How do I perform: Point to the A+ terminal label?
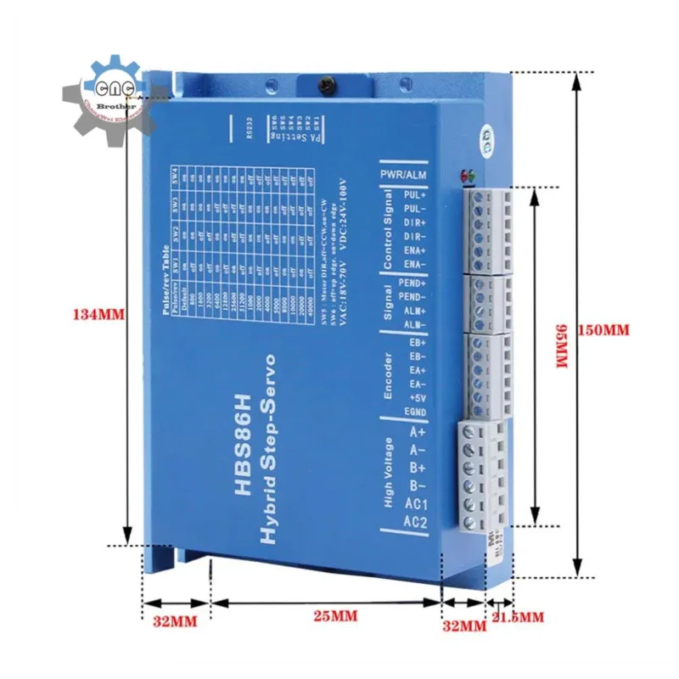point(415,430)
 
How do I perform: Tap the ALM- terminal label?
point(416,325)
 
